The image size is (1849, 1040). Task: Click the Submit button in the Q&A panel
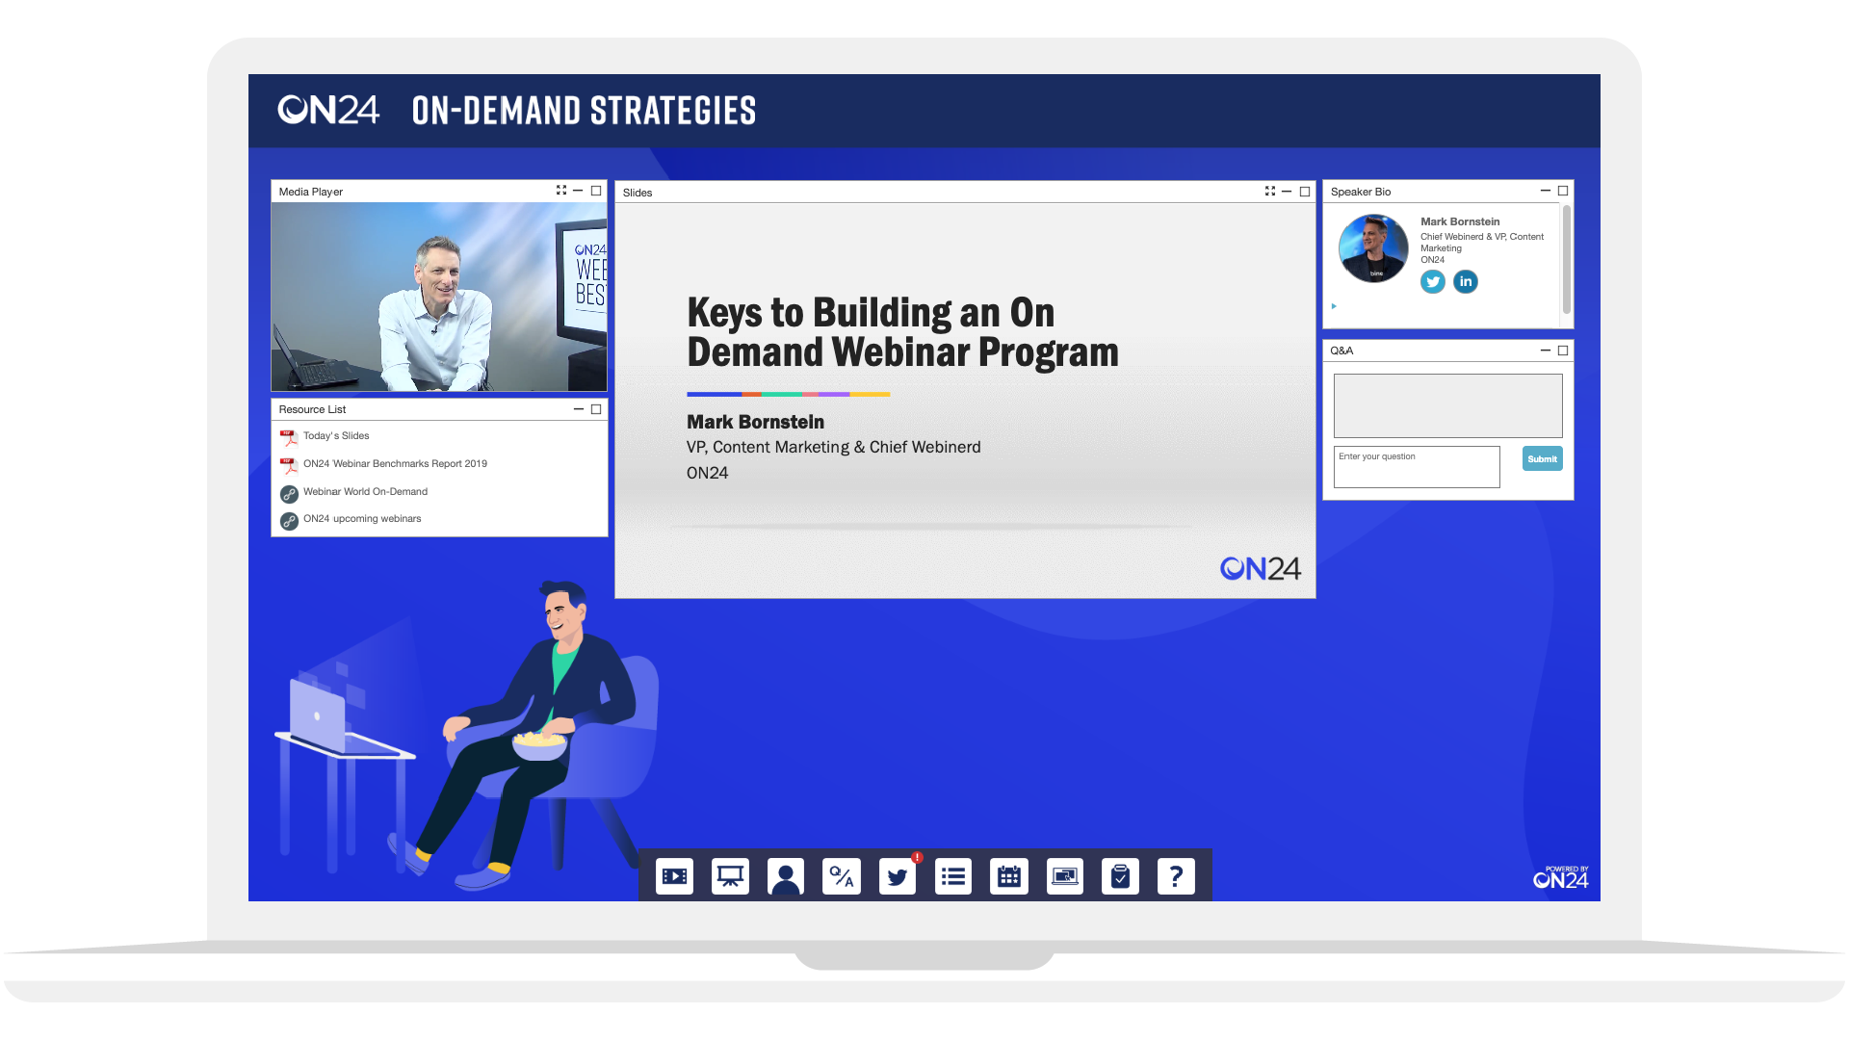tap(1542, 458)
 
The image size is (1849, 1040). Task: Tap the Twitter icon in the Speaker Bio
tap(1433, 282)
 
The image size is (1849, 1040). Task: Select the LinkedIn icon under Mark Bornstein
tap(1466, 282)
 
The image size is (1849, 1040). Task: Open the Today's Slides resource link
tap(336, 436)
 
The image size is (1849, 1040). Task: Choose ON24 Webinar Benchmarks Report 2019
tap(395, 464)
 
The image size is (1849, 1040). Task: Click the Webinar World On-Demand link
tap(365, 492)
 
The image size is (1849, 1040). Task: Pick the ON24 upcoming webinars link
tap(362, 519)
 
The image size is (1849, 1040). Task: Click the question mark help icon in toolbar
tap(1176, 876)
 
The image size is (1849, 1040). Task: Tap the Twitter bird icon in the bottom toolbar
tap(898, 876)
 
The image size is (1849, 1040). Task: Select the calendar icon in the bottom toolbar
tap(1009, 876)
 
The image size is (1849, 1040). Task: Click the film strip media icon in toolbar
tap(674, 876)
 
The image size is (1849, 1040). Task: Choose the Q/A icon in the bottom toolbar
tap(842, 876)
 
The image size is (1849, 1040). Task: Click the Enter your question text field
tap(1417, 467)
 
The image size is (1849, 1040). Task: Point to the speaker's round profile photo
tap(1373, 248)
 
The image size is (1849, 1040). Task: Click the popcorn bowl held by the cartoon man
tap(540, 744)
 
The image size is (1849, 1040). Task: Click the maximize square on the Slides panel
tap(1305, 192)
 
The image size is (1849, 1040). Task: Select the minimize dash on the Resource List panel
tap(579, 409)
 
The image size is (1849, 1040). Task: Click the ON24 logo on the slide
tap(1261, 569)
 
